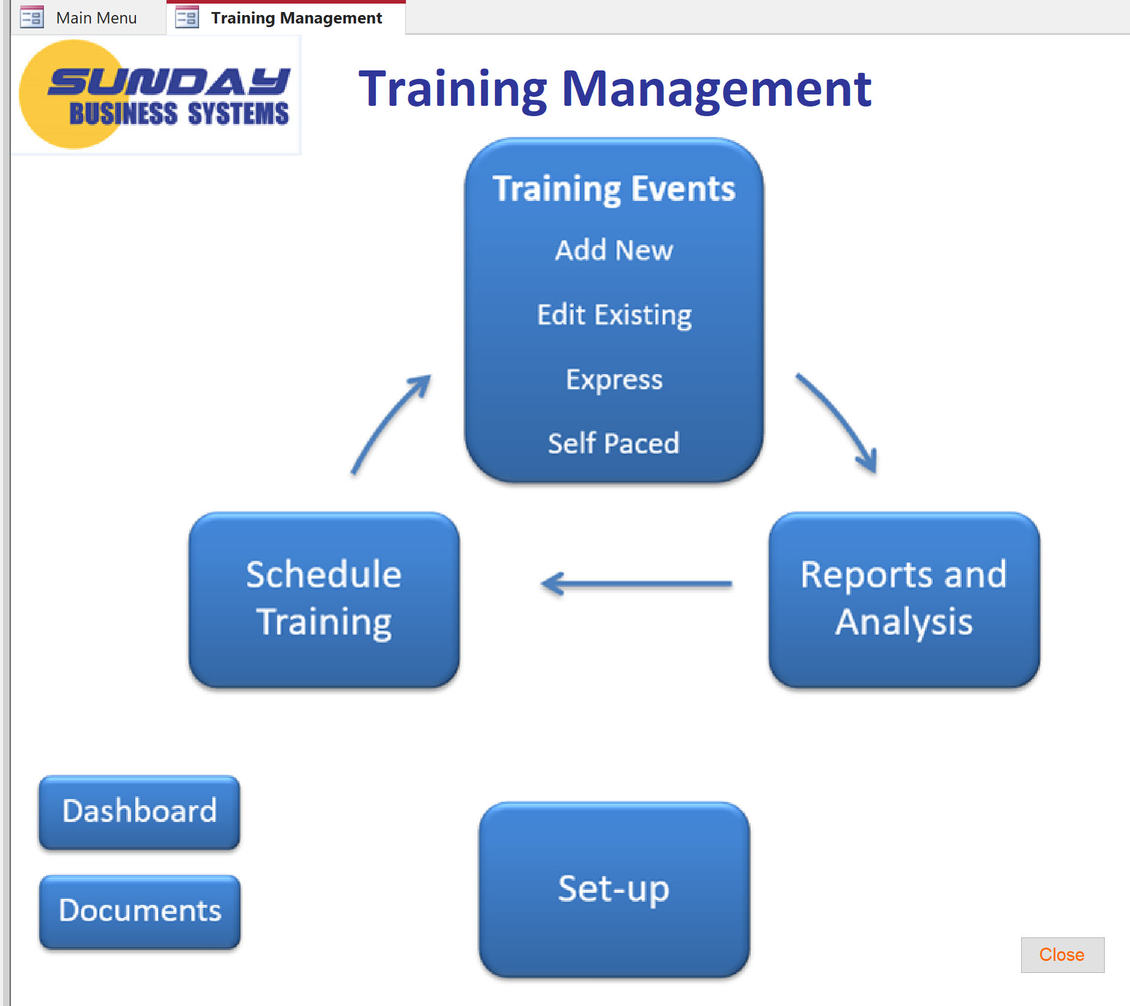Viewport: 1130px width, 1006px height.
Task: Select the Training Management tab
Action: click(286, 18)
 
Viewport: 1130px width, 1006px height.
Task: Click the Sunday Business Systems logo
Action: click(155, 94)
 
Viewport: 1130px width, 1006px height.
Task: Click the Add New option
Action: click(614, 250)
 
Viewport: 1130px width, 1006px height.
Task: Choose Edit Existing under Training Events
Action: click(614, 315)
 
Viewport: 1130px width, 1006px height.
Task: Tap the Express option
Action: click(614, 380)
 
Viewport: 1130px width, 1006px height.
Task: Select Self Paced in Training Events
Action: click(613, 443)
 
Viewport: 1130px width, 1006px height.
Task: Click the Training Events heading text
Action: click(614, 189)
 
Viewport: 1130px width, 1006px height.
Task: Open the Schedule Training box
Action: click(324, 599)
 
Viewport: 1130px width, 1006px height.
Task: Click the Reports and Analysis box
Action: click(904, 599)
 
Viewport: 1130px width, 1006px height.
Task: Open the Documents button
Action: click(140, 911)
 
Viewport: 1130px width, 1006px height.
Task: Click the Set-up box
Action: click(614, 889)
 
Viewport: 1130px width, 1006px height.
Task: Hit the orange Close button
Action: click(1062, 955)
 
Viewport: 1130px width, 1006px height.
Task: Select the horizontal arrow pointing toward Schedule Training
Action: click(636, 584)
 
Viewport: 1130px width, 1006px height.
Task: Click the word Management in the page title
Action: click(716, 89)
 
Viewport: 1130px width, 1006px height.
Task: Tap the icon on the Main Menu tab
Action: click(32, 17)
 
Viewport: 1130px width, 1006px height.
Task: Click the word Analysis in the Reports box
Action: click(904, 622)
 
